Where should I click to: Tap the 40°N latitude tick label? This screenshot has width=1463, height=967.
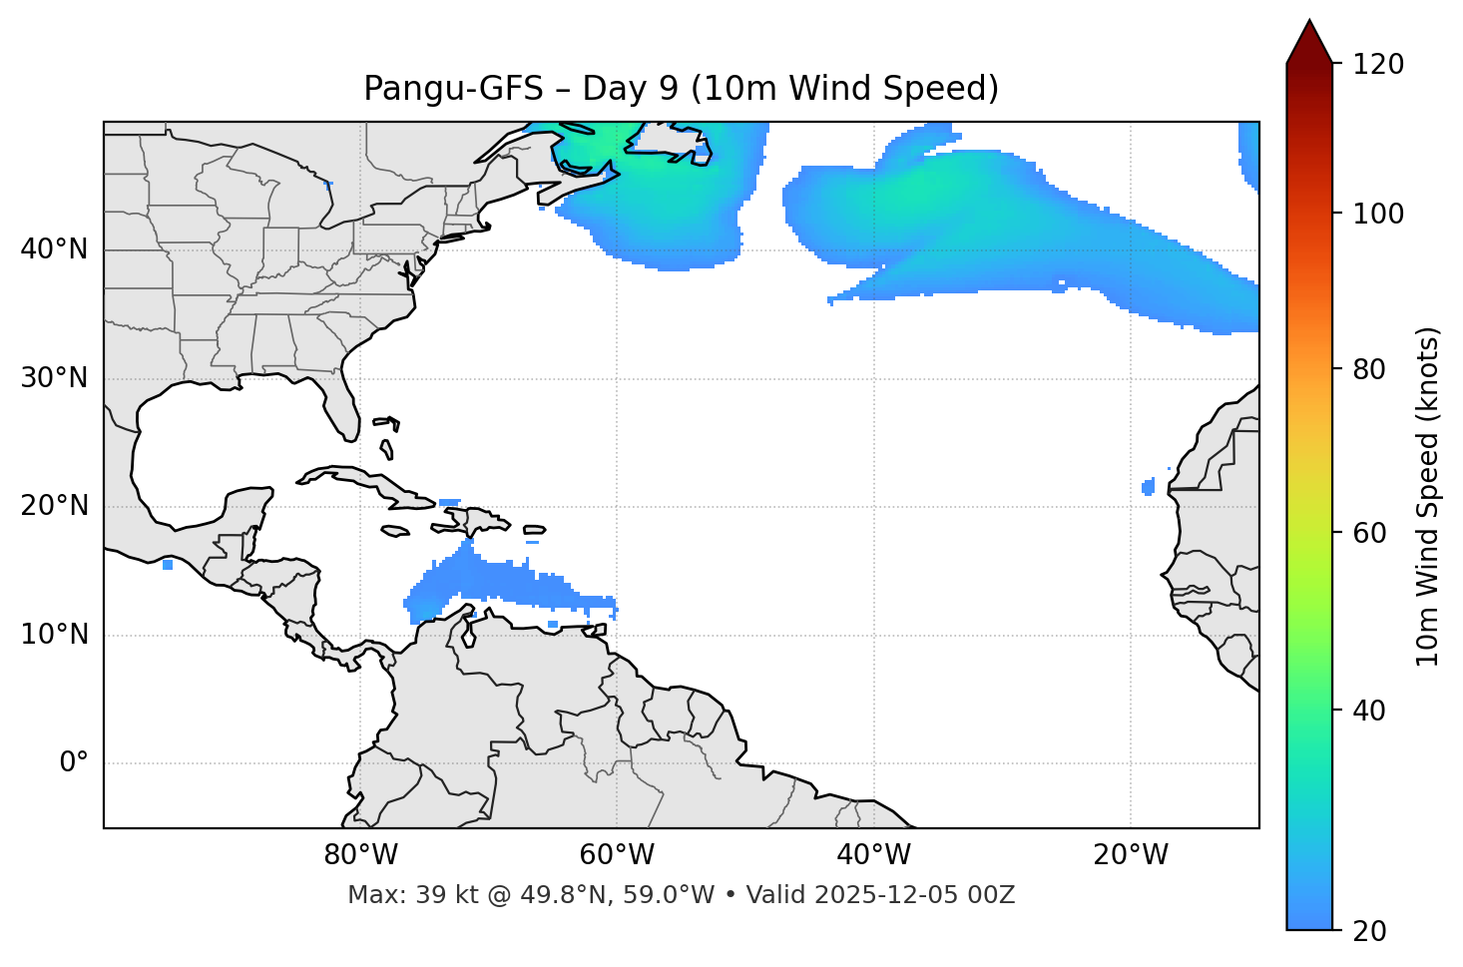click(54, 249)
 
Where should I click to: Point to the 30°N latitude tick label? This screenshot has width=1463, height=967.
click(54, 378)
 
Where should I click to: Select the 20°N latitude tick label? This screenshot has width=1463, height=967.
click(54, 506)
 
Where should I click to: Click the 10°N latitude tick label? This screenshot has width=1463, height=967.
click(54, 635)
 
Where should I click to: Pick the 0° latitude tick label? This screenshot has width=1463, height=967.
click(74, 763)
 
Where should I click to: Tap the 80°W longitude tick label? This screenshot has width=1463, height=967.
click(360, 855)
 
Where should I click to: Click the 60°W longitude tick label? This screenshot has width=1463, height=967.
click(617, 855)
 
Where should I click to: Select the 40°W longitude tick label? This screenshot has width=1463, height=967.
click(873, 855)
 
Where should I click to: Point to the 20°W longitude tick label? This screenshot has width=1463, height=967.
click(1130, 855)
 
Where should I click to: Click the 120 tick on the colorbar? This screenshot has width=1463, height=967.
click(1378, 65)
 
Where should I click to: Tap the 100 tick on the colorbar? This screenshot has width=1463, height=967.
click(1378, 214)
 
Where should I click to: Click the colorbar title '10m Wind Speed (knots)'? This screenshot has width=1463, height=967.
click(1428, 496)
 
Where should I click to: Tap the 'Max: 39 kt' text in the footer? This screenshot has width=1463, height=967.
click(393, 895)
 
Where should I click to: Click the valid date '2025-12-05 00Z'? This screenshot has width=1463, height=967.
click(914, 895)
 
